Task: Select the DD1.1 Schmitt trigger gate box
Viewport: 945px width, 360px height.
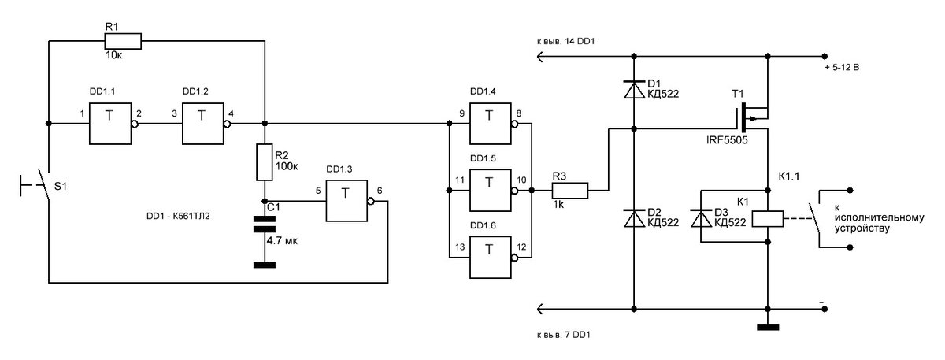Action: click(x=109, y=124)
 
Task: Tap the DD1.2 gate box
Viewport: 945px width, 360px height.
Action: click(x=204, y=124)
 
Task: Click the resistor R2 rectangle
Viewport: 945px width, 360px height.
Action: click(x=265, y=161)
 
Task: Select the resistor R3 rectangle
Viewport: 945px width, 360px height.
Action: click(x=569, y=191)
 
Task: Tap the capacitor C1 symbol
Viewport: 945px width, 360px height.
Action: click(x=265, y=225)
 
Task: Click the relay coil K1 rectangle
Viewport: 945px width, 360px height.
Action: click(x=767, y=218)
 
